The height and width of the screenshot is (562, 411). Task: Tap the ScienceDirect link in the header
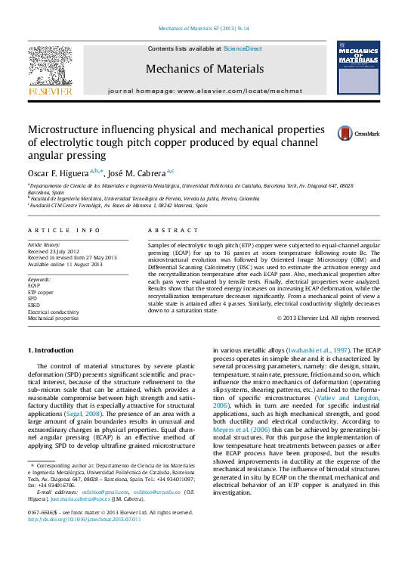[x=243, y=48]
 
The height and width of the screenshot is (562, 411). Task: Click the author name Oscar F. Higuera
[x=57, y=173]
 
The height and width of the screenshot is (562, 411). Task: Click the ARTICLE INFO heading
[x=63, y=229]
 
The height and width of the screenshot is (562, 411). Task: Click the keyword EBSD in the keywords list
[x=35, y=305]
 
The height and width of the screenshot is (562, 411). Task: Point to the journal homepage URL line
[x=205, y=90]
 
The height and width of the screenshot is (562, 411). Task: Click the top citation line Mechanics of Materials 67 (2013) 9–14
[x=204, y=29]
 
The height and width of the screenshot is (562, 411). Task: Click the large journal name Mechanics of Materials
[x=205, y=68]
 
